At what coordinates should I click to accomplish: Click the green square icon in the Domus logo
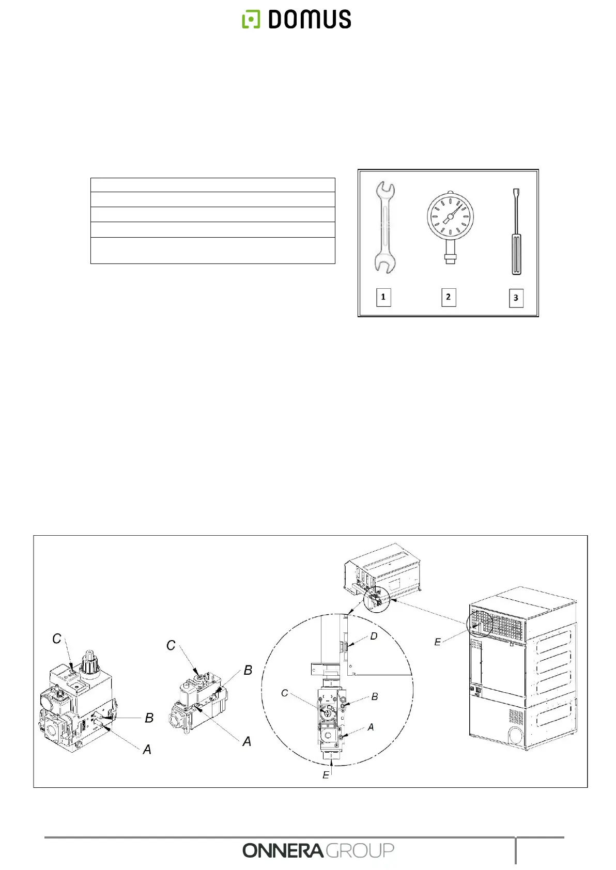click(x=251, y=19)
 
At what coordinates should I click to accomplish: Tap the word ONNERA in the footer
click(x=283, y=850)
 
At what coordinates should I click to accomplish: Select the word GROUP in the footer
click(x=360, y=850)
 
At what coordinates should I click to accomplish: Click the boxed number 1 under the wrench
click(x=383, y=297)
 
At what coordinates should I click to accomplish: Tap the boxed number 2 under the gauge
click(x=449, y=297)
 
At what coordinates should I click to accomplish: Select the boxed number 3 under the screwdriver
click(x=516, y=298)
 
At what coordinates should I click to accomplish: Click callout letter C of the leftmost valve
click(x=57, y=639)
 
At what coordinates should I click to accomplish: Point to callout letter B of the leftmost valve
click(x=149, y=718)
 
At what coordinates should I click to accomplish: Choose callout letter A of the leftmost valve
click(x=147, y=750)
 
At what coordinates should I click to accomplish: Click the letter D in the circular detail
click(x=374, y=636)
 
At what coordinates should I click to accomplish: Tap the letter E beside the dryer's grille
click(x=437, y=642)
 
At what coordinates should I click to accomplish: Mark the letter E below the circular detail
click(x=326, y=775)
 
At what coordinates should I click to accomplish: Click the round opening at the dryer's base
click(x=515, y=735)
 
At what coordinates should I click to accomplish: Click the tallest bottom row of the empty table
click(x=212, y=251)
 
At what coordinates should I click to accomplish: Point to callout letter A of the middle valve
click(x=247, y=741)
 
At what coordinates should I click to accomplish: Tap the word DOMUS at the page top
click(x=310, y=19)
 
